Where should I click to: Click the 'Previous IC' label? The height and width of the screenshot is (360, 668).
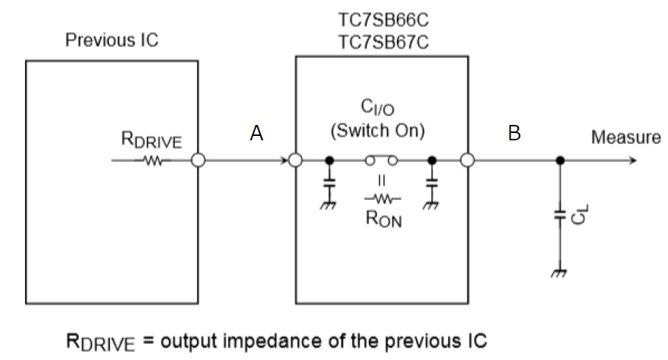[x=112, y=40]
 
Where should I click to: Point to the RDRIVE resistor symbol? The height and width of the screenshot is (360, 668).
[x=155, y=159]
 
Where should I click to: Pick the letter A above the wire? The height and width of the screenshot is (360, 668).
[x=256, y=133]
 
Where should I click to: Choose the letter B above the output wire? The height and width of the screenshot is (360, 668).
[x=514, y=133]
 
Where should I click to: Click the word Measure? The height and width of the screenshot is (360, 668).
[x=625, y=137]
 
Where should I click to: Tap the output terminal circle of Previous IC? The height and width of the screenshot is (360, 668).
[x=198, y=159]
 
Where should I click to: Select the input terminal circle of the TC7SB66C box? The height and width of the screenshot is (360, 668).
[x=295, y=159]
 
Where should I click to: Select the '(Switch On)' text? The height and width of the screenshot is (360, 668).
[x=378, y=133]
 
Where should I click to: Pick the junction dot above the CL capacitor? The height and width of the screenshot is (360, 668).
[x=560, y=159]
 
